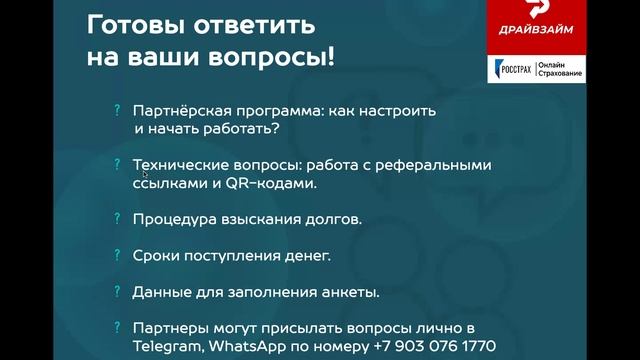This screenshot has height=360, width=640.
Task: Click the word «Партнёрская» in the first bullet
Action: [177, 113]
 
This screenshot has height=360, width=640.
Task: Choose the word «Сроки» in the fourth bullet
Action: [155, 256]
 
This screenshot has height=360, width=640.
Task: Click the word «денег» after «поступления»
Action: [306, 256]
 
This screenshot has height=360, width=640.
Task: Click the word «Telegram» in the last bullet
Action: [167, 345]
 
